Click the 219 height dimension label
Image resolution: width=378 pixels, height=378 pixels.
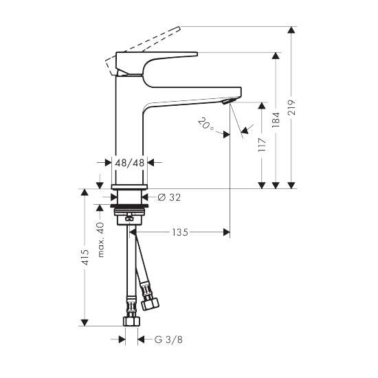[291, 107]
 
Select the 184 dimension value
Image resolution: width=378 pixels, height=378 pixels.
[276, 120]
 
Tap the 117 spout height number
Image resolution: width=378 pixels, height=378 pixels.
[262, 144]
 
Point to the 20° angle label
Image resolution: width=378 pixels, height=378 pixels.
[205, 124]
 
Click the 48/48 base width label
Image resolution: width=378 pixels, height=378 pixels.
[130, 163]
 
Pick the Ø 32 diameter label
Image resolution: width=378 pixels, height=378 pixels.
[169, 197]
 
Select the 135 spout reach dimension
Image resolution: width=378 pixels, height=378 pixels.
[180, 232]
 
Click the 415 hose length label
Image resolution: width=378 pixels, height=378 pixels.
[85, 257]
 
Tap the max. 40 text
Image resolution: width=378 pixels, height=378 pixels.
[101, 240]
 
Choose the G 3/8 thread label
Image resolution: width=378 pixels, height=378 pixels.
[168, 340]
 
